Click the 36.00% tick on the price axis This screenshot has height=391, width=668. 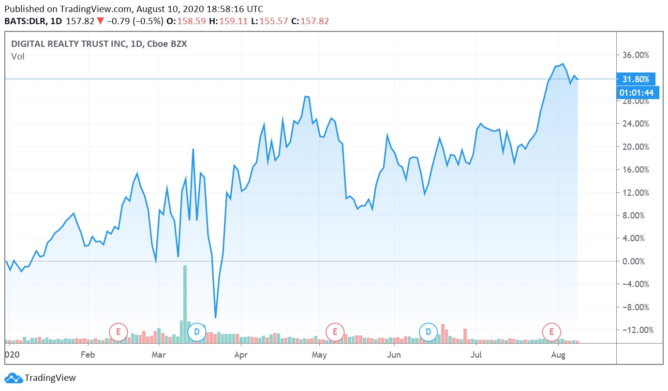635,55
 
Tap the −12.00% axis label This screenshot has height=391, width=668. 635,330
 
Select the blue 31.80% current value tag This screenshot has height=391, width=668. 636,79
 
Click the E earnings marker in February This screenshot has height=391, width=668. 118,332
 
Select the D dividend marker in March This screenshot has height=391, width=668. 197,332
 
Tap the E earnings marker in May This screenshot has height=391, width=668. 334,332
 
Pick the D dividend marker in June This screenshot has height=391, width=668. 428,332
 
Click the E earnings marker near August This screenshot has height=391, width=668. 551,332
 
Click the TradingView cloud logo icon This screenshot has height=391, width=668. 13,378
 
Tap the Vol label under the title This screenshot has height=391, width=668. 18,57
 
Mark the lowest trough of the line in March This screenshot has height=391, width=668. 215,318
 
